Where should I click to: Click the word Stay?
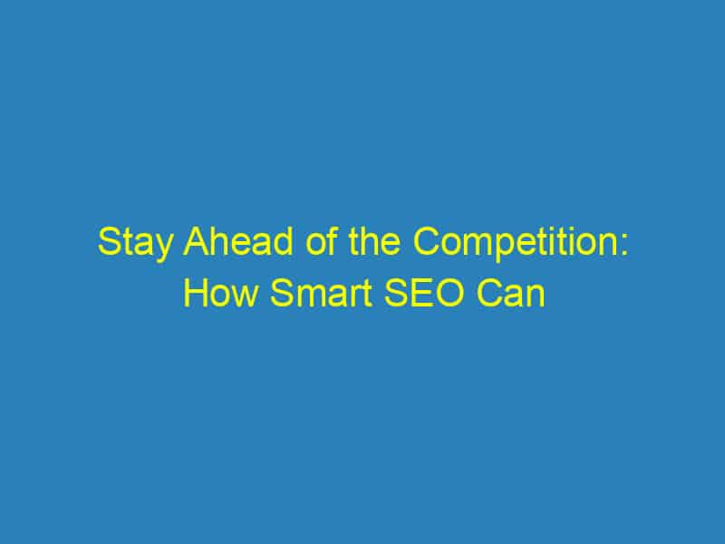point(128,246)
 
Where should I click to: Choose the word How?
point(214,294)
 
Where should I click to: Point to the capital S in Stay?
point(107,246)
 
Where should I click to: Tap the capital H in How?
point(193,294)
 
